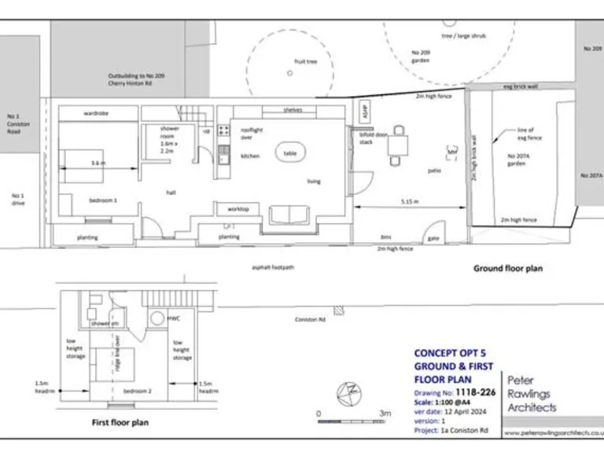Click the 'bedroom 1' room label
pos(102,201)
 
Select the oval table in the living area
pos(290,153)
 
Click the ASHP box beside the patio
pos(365,112)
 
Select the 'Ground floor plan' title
pos(507,268)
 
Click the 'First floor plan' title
pos(120,422)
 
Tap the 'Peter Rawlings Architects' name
pos(532,393)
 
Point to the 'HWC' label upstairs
pos(174,319)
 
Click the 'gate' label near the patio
pos(433,238)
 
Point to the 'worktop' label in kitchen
pos(238,208)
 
